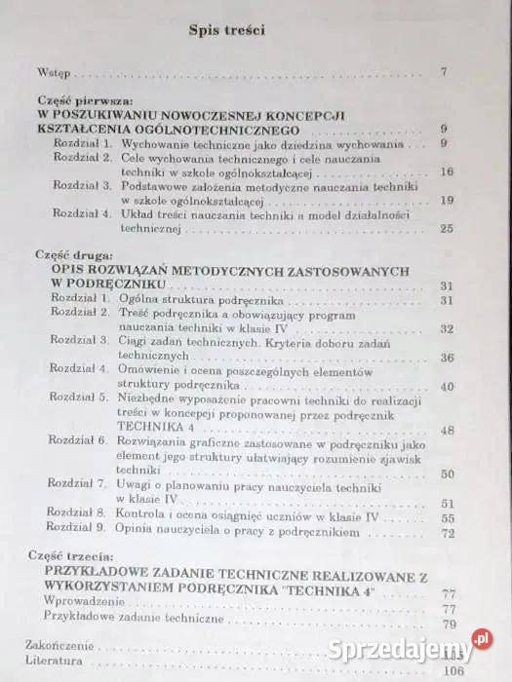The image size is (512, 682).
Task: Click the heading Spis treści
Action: [x=227, y=29]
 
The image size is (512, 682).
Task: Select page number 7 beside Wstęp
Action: [x=443, y=71]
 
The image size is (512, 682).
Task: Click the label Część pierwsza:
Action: [x=77, y=99]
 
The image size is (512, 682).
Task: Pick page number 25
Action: [x=448, y=228]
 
